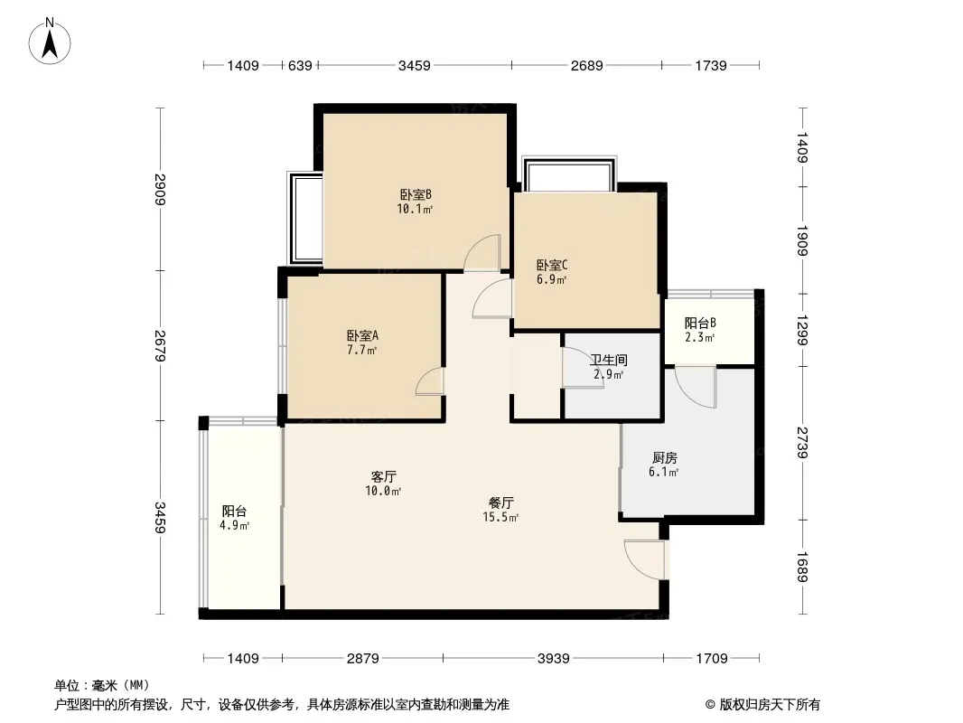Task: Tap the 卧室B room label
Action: (416, 194)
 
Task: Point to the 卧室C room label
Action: (551, 265)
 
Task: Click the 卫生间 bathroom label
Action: (610, 360)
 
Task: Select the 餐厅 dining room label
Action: (501, 502)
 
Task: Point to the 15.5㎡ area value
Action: (501, 518)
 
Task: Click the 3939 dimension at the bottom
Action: (553, 659)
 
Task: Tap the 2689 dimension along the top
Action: (586, 65)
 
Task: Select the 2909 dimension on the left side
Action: (161, 190)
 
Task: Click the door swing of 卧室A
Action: (430, 382)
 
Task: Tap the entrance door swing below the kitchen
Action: (644, 559)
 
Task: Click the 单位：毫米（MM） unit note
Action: (101, 685)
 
